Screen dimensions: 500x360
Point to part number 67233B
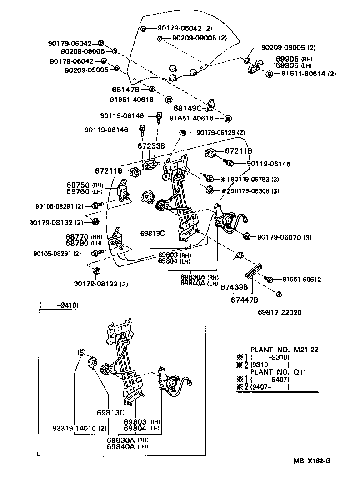151,146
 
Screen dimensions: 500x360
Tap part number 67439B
234,287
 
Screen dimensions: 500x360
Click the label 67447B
245,300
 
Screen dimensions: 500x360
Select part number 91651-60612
301,280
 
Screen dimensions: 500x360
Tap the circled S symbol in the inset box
81,352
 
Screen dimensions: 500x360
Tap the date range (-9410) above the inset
59,305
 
